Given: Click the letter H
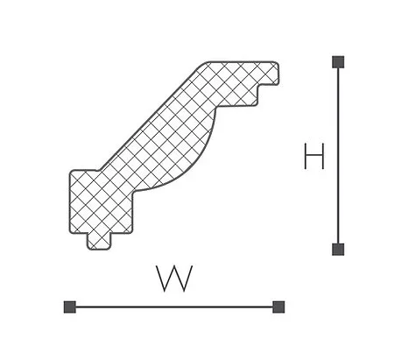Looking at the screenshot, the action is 314,156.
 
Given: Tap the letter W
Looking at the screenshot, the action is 174,279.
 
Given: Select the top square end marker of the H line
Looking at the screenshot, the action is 338,62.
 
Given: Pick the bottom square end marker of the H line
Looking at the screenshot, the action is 338,250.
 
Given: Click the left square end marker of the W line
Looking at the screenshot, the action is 70,307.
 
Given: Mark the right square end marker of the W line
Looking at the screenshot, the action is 279,307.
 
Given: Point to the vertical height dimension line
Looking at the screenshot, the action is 338,156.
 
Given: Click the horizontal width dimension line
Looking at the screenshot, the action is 174,307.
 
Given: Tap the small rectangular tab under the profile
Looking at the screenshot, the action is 99,242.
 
